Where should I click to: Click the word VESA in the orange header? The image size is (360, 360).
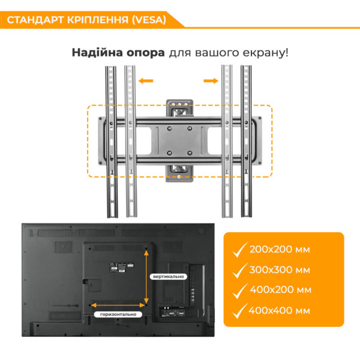coord(149,20)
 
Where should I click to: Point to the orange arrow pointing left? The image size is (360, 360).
coord(146,81)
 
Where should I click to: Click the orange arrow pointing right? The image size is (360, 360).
coord(211,81)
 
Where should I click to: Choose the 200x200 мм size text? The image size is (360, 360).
coord(280,250)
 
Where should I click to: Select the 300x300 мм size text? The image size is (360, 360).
coord(280,270)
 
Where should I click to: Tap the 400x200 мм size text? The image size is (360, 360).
coord(281,290)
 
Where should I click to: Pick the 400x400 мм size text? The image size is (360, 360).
coord(279,311)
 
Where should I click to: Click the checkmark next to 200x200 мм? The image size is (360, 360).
coord(240,250)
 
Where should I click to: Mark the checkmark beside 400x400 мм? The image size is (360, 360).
coord(240,311)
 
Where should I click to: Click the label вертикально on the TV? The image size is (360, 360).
coord(168,277)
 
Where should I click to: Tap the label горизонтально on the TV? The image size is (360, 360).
coord(118,314)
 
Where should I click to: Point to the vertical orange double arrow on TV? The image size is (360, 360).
coord(146,277)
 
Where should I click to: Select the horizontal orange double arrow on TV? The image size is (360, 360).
coord(118,305)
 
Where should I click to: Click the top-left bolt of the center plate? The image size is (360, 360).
coord(169,128)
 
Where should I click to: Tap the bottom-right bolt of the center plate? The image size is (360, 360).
coord(190,152)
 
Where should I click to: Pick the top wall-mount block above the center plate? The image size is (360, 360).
coord(179,108)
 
